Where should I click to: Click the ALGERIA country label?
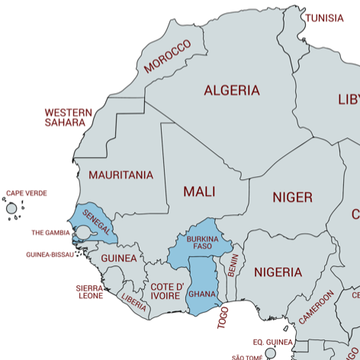click(231, 90)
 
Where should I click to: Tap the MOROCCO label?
click(167, 56)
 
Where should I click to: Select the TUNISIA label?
click(324, 18)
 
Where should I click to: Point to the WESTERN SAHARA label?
click(68, 117)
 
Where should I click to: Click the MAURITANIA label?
click(121, 175)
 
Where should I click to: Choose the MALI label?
click(198, 191)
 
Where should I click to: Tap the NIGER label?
click(292, 198)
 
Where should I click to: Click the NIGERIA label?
click(278, 272)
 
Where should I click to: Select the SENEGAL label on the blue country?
click(97, 222)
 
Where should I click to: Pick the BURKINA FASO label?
click(202, 242)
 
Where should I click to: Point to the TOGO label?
click(223, 317)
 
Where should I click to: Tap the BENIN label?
click(233, 265)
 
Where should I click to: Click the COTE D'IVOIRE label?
click(166, 291)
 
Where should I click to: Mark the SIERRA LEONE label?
click(89, 292)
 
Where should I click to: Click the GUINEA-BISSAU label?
click(50, 255)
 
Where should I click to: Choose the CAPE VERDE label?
click(27, 194)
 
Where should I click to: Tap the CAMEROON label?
click(316, 307)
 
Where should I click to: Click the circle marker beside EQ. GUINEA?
click(270, 353)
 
